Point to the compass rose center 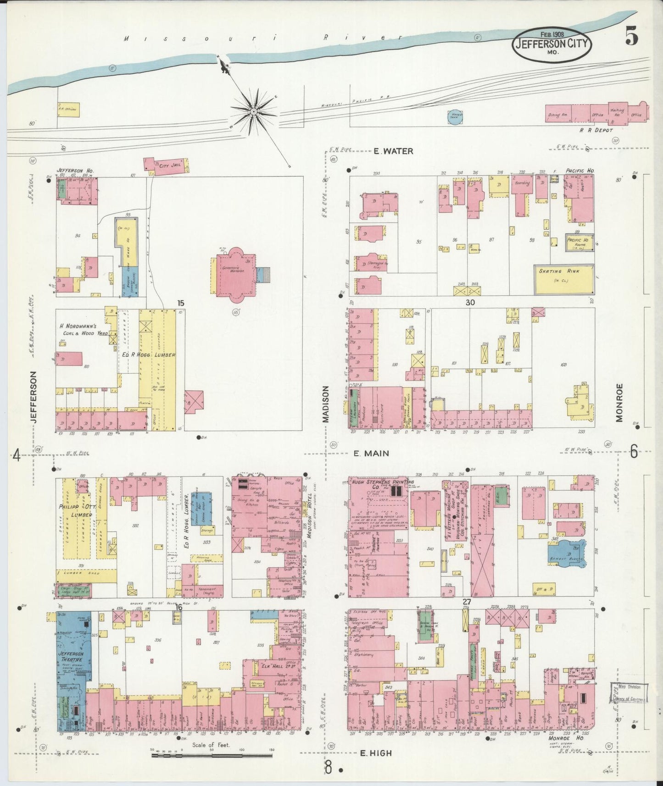coord(253,111)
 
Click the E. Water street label coord(393,151)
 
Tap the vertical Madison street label coord(325,404)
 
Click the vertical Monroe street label coord(620,403)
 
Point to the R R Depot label coord(596,130)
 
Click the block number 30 coord(470,302)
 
